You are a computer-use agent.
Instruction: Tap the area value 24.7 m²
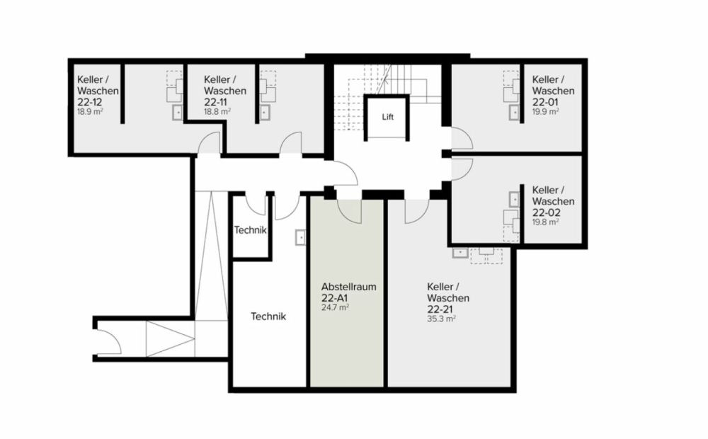point(335,308)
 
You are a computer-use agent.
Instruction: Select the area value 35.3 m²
point(440,319)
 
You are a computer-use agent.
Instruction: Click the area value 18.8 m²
point(217,112)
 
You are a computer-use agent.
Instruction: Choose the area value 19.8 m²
point(545,222)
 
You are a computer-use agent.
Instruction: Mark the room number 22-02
point(546,212)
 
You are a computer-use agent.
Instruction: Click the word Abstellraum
point(348,287)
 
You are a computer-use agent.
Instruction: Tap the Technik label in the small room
point(250,230)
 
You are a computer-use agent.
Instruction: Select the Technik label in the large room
point(268,317)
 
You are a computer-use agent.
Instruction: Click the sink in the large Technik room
point(300,238)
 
